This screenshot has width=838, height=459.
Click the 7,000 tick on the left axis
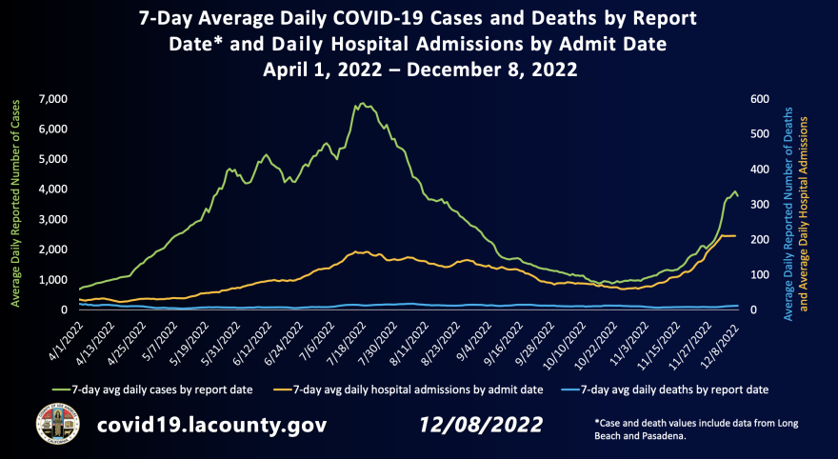[x=51, y=99]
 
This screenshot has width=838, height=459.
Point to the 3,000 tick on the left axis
[x=51, y=220]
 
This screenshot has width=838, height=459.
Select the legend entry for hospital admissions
[x=413, y=389]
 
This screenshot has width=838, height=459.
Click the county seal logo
[x=53, y=424]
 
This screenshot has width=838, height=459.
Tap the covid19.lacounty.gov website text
[x=212, y=425]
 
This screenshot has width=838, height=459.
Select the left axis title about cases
[x=15, y=204]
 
